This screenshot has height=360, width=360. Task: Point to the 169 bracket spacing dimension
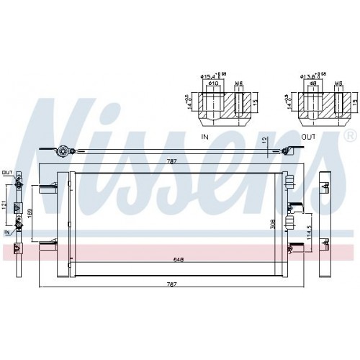30,213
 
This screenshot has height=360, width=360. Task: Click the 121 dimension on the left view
6,207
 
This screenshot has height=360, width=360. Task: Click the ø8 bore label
314,84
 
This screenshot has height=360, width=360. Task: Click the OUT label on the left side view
7,173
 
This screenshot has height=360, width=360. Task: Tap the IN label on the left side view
7,233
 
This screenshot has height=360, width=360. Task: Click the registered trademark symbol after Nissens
350,135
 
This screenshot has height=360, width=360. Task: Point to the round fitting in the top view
63,152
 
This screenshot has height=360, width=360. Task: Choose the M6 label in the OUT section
338,84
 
